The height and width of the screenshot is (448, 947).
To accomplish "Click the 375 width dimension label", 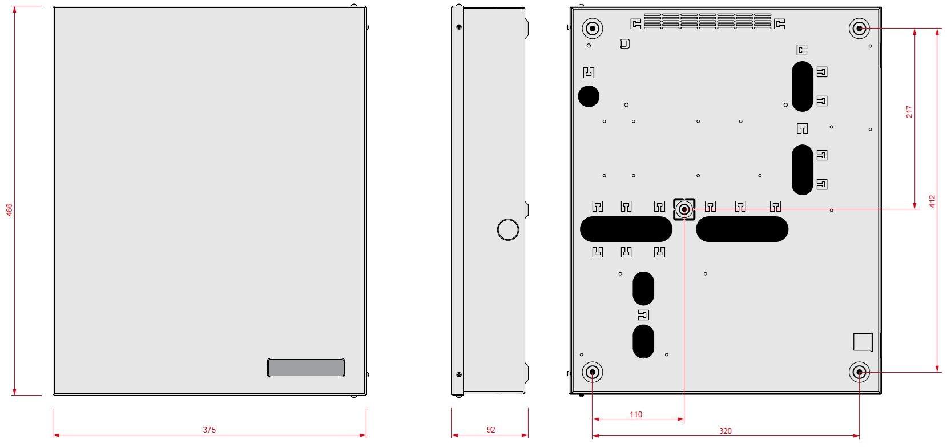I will pyautogui.click(x=209, y=430).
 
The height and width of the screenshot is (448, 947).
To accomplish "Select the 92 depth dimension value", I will pyautogui.click(x=491, y=430).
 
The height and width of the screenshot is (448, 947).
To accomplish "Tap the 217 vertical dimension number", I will pyautogui.click(x=909, y=111).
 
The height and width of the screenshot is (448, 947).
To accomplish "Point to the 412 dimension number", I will pyautogui.click(x=932, y=201).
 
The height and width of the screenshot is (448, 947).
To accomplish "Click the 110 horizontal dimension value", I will pyautogui.click(x=636, y=414).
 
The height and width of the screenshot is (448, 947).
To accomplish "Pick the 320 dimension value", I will pyautogui.click(x=725, y=431).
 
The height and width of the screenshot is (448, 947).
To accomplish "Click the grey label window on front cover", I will pyautogui.click(x=306, y=368).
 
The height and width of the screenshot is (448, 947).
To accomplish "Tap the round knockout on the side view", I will pyautogui.click(x=508, y=229).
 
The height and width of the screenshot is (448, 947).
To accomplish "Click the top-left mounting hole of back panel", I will pyautogui.click(x=592, y=28).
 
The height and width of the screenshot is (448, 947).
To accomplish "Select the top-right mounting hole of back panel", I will pyautogui.click(x=859, y=28).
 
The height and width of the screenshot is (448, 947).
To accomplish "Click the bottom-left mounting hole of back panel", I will pyautogui.click(x=593, y=373).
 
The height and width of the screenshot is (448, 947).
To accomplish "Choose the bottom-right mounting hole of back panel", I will pyautogui.click(x=859, y=373).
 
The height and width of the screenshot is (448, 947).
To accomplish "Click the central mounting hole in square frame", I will pyautogui.click(x=684, y=209).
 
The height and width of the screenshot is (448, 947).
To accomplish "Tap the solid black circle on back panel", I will pyautogui.click(x=589, y=96).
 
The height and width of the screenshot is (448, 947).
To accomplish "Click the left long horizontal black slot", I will pyautogui.click(x=626, y=229).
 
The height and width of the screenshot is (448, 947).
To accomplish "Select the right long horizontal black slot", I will pyautogui.click(x=742, y=229).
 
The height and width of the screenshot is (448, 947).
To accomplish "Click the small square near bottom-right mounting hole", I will pyautogui.click(x=862, y=341).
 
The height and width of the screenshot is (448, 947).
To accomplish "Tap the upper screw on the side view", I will pyautogui.click(x=459, y=26).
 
